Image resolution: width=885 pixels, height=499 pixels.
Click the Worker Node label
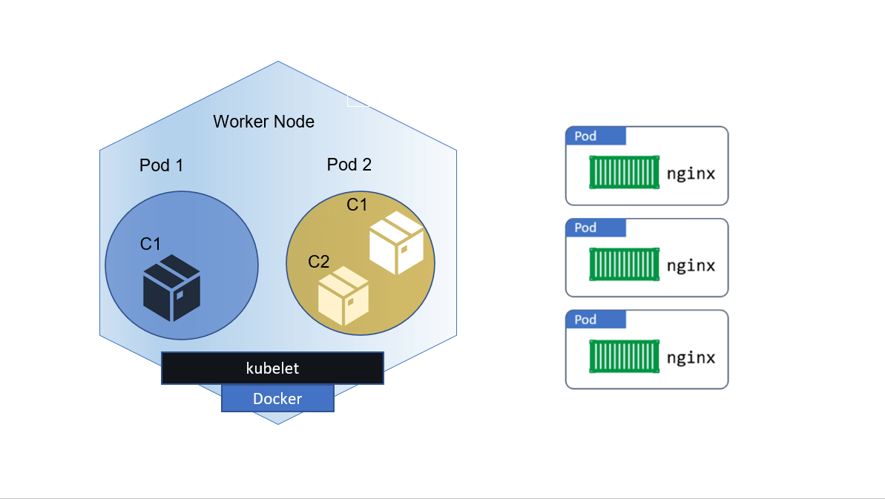(x=263, y=122)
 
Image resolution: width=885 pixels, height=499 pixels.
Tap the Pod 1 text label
(x=161, y=165)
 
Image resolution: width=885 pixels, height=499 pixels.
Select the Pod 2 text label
(x=349, y=165)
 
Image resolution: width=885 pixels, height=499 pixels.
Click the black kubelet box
(x=272, y=369)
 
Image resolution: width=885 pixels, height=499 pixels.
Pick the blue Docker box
(x=277, y=399)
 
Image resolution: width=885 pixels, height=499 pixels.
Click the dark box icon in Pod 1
(x=171, y=288)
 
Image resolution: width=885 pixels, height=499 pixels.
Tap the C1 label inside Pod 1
(x=151, y=244)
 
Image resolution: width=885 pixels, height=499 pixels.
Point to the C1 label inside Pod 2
(x=357, y=205)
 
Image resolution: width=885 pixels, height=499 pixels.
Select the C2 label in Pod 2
(x=318, y=262)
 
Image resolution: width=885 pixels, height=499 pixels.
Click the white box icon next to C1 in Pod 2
(x=396, y=242)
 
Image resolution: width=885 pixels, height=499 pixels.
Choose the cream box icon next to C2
(x=343, y=296)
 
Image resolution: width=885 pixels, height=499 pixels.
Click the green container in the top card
(x=624, y=173)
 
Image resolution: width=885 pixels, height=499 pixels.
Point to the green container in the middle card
(x=624, y=265)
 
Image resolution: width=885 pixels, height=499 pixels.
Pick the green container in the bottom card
(x=624, y=357)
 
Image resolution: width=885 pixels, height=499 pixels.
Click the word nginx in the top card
(x=691, y=174)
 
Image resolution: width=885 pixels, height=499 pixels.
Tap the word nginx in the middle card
(x=691, y=266)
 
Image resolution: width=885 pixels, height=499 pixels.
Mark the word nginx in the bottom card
(x=691, y=358)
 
